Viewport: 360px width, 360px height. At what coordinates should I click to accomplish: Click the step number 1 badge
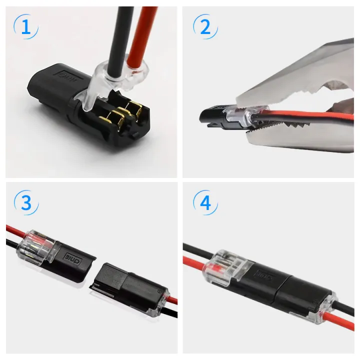(25, 27)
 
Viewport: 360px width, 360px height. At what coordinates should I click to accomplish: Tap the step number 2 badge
(205, 27)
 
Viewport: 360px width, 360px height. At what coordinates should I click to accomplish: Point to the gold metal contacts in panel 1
(122, 112)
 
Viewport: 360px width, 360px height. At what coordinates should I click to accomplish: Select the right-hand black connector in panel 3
(127, 287)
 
